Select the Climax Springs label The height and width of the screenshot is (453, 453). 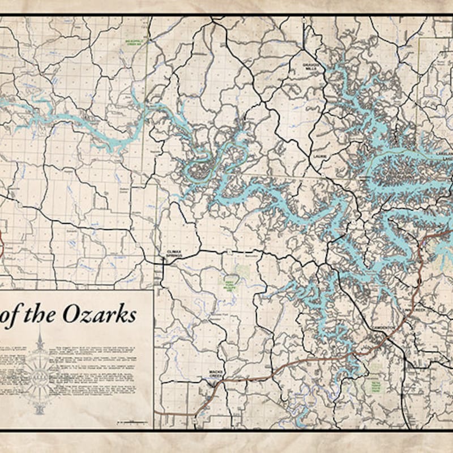[x=173, y=253]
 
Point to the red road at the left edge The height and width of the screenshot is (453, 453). [x=2, y=243]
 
